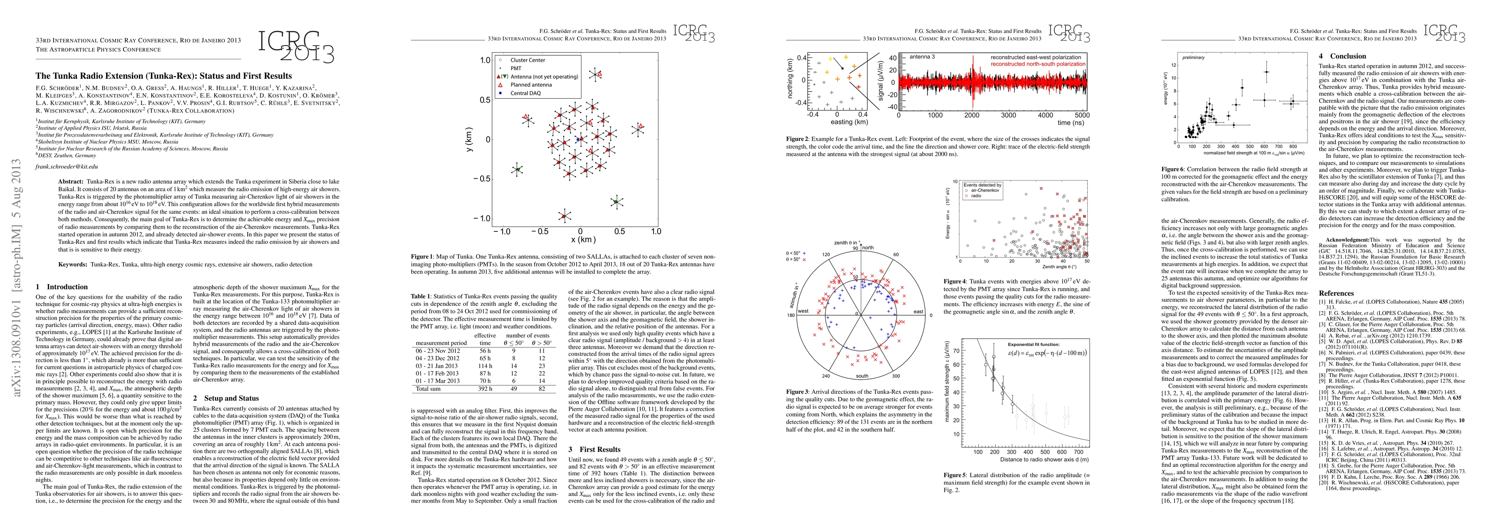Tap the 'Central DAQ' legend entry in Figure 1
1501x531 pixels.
click(x=526, y=93)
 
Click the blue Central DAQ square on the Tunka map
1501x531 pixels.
click(x=577, y=139)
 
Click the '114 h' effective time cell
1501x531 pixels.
click(x=485, y=366)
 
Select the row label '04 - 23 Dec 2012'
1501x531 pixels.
click(x=438, y=358)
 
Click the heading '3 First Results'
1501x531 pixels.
click(x=594, y=450)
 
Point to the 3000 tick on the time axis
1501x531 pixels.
click(x=1008, y=115)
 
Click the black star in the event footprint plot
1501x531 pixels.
click(x=841, y=69)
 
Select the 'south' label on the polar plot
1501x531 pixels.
click(x=862, y=376)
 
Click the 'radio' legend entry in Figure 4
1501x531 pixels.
click(x=976, y=196)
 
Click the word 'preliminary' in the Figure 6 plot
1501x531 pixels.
click(x=1193, y=57)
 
